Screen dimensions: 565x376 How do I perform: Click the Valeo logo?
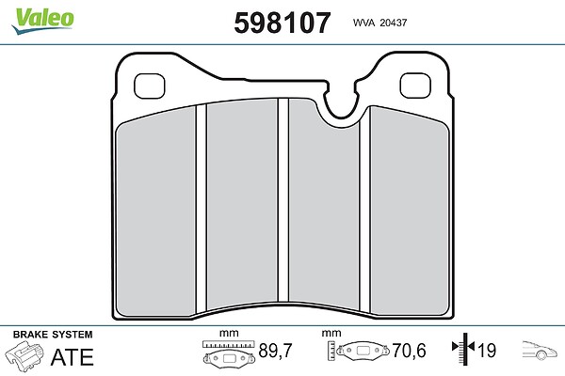(42, 21)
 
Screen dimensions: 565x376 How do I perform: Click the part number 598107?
(282, 23)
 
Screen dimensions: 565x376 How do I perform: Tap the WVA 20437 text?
(379, 23)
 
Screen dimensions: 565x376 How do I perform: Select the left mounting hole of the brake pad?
(150, 86)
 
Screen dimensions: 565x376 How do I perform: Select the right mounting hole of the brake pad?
(415, 86)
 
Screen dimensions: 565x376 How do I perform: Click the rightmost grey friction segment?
(410, 212)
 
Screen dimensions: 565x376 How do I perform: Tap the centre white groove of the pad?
(283, 200)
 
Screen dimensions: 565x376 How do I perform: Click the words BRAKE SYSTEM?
(53, 335)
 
